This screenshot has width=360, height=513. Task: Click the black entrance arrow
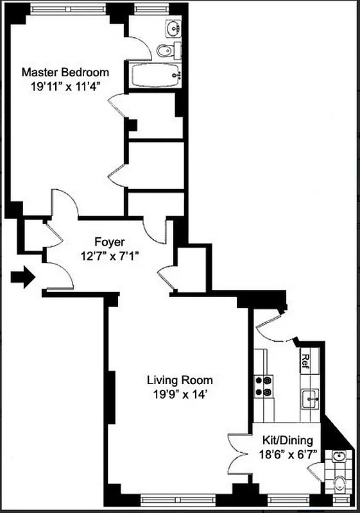[23, 278]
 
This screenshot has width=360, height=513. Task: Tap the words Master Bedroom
[65, 72]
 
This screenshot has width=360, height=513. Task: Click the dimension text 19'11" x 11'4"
[65, 87]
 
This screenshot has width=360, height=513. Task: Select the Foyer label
[109, 242]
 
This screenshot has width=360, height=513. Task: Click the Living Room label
[179, 380]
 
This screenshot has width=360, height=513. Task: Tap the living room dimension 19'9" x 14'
[179, 394]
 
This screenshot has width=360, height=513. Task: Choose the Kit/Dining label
[287, 441]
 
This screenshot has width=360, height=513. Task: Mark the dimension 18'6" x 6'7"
[287, 455]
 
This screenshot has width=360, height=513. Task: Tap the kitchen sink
[311, 398]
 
